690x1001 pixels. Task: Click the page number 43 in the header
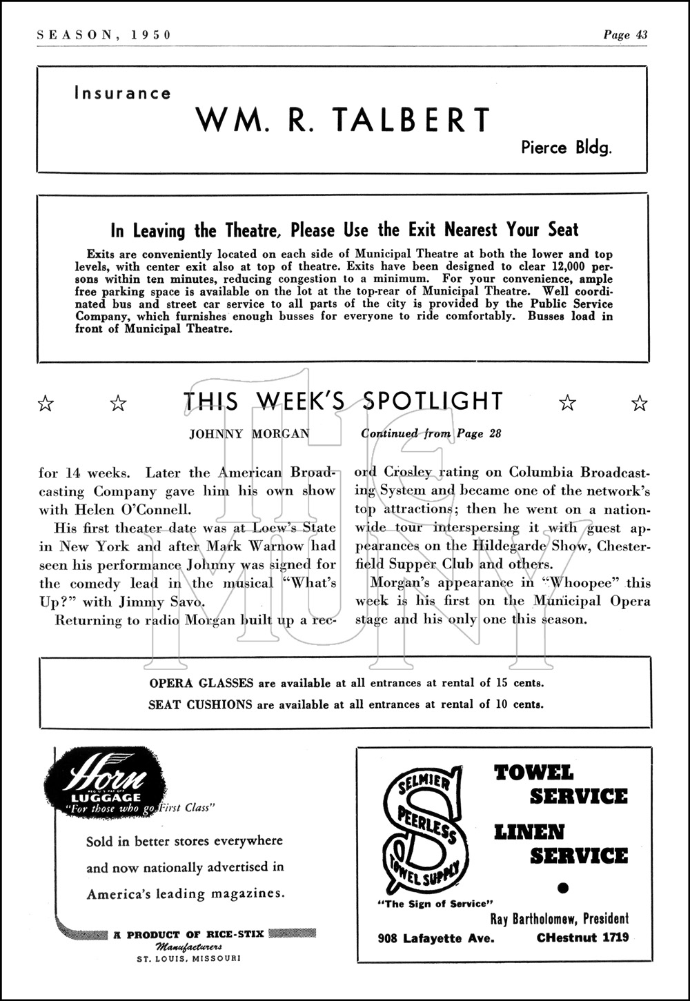pos(640,35)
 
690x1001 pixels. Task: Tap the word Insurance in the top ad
pos(123,93)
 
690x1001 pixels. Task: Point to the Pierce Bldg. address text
pos(566,148)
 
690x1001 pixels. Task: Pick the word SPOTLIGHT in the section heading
pos(433,402)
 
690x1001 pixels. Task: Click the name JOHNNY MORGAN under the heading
pos(249,435)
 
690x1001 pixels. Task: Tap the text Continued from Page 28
pos(431,434)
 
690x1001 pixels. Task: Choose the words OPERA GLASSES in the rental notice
pos(201,684)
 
